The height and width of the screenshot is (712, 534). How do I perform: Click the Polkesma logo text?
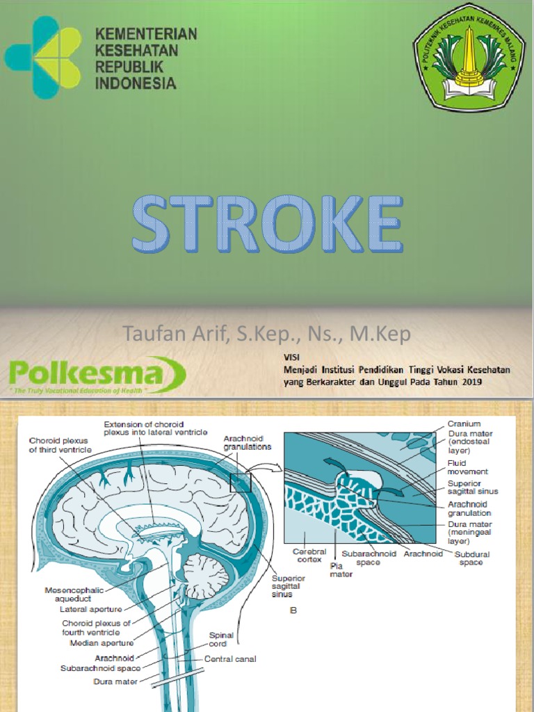87,375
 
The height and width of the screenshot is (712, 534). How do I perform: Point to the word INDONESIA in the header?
135,83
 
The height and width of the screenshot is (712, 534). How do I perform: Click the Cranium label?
464,423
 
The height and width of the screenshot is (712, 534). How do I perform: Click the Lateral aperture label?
90,610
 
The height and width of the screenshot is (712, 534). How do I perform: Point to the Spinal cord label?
222,640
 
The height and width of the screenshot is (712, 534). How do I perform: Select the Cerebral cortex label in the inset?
309,555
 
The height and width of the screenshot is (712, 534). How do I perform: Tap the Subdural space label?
471,558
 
